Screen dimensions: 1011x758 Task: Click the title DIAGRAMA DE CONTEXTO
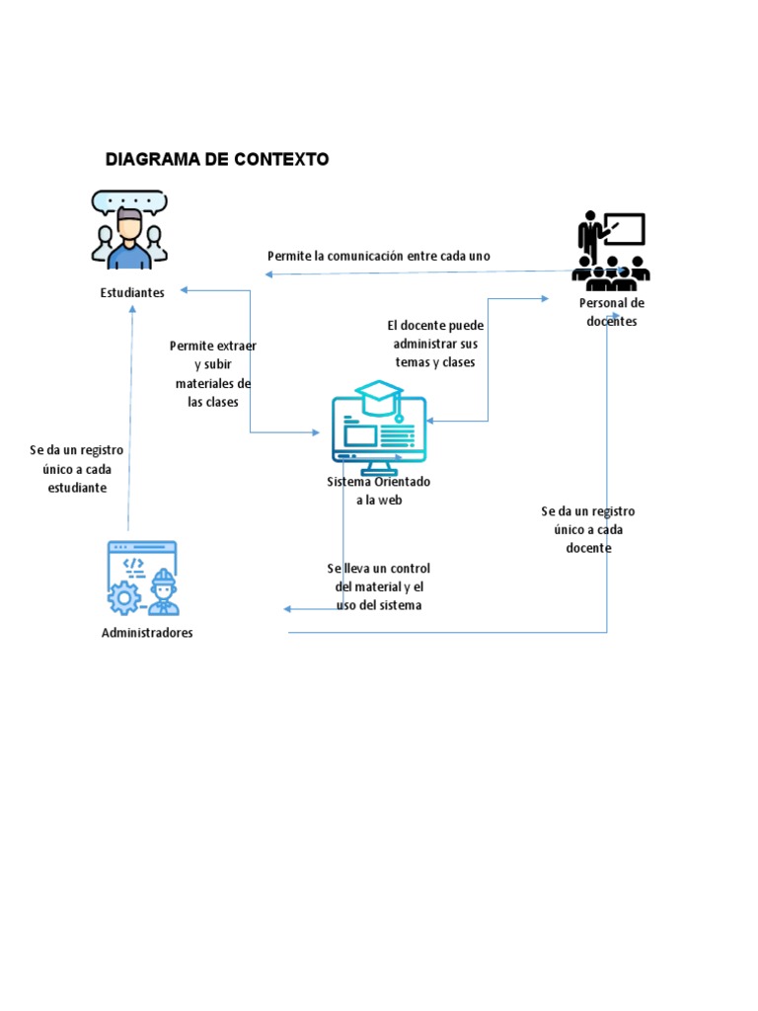coord(217,159)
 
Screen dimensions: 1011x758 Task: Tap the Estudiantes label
coord(132,293)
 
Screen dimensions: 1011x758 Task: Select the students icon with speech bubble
coord(128,230)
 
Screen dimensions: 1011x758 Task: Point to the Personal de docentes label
coord(612,312)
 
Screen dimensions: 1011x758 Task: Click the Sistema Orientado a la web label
coord(379,491)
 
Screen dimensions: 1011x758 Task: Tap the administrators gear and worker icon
coord(142,579)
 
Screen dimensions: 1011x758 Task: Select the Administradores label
coord(147,633)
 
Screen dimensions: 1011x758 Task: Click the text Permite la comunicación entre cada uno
coord(379,256)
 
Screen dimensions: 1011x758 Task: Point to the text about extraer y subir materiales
coord(213,374)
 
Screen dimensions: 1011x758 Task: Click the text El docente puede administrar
coord(435,344)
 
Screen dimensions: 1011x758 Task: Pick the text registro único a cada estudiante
coord(77,469)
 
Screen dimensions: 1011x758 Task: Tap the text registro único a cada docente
coord(588,529)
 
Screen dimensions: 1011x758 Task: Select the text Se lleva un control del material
coord(379,586)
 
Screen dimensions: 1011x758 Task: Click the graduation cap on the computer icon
coord(379,397)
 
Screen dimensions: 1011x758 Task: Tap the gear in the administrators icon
coord(124,598)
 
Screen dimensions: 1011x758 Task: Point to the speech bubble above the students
coord(128,200)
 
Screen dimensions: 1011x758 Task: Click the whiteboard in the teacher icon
coord(624,229)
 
